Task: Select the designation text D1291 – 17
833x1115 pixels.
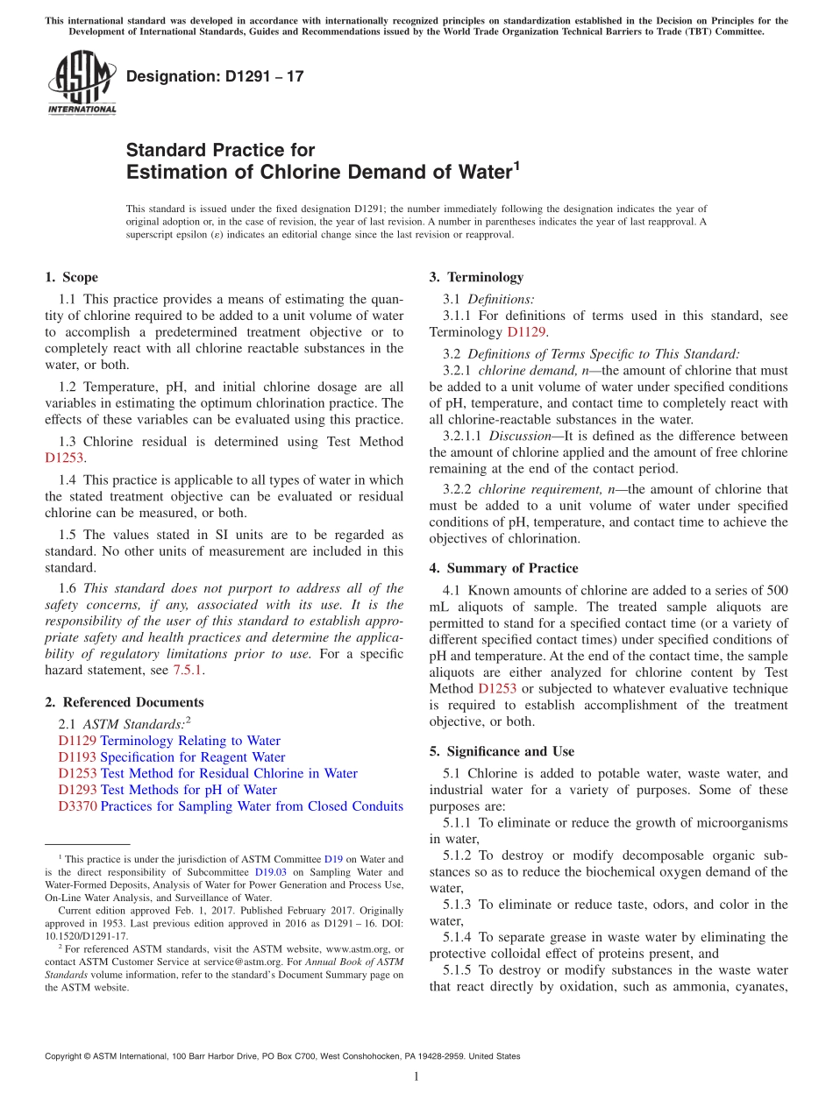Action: pos(215,77)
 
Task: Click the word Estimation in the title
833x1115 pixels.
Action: pos(179,173)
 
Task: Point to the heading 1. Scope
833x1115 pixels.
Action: pos(71,278)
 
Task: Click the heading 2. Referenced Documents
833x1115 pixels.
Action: pos(124,702)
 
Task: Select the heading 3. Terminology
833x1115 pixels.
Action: pos(476,278)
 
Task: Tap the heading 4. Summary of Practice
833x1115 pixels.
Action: pos(503,568)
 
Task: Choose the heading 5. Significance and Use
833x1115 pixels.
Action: pos(502,751)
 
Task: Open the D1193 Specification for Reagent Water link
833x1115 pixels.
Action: pos(172,757)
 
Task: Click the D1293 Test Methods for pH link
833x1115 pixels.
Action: pos(167,790)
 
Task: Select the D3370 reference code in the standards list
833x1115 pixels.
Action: pos(77,806)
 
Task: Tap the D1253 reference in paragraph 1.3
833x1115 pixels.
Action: pos(64,458)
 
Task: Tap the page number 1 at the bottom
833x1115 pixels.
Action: pos(416,1076)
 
